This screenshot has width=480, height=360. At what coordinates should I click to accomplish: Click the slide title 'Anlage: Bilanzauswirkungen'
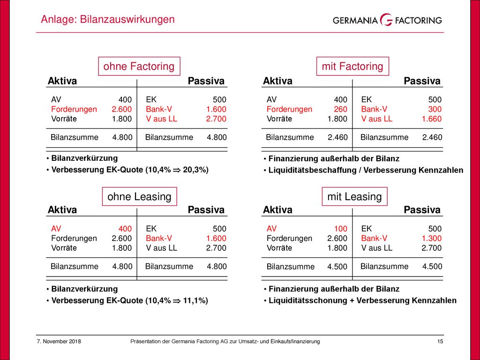tap(108, 19)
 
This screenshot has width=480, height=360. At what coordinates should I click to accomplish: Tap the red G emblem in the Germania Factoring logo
tap(386, 20)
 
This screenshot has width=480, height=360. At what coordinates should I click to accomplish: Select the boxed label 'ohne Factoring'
tap(139, 66)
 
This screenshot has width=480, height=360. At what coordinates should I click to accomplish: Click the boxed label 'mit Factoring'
tap(352, 66)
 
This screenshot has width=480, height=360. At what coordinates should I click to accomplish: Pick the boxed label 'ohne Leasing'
tap(139, 196)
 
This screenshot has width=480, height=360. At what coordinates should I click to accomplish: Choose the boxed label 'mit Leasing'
tap(354, 196)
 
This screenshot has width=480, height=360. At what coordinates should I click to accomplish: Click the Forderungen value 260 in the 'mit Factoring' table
tap(340, 109)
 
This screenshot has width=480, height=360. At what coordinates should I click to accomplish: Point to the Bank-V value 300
tap(435, 109)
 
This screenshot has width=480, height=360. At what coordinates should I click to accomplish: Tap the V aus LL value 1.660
tap(432, 119)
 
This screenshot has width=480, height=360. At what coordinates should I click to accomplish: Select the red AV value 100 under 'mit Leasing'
tap(340, 229)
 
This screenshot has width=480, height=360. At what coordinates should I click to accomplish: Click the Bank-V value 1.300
tap(432, 238)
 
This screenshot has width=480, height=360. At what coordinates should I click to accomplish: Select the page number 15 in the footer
tap(440, 341)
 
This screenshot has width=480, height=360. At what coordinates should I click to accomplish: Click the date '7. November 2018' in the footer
tap(59, 341)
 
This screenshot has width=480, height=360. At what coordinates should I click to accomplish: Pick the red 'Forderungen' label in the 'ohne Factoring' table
tap(74, 109)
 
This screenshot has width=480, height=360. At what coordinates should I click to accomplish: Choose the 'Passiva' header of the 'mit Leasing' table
tap(422, 210)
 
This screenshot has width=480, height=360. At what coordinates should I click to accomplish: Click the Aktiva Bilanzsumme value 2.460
tap(337, 137)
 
